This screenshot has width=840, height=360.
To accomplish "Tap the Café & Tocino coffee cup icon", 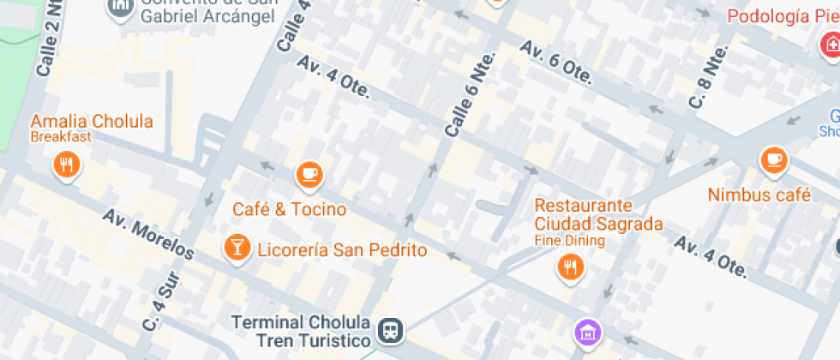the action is point(309,176).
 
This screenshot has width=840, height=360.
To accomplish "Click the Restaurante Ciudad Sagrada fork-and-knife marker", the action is point(570,267).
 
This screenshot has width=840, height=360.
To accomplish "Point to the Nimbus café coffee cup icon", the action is point(774,159).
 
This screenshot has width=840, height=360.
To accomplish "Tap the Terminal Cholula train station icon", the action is point(391,329).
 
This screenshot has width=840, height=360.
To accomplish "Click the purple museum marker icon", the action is point(587,332).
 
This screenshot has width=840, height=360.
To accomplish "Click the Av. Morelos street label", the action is point(148,233).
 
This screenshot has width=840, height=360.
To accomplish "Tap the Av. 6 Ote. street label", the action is point(556,63).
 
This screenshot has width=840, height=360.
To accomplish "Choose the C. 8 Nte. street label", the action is point(708,76).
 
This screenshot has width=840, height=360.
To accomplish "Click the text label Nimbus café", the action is point(759,195).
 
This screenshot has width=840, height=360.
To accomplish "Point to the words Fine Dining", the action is point(569,241).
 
